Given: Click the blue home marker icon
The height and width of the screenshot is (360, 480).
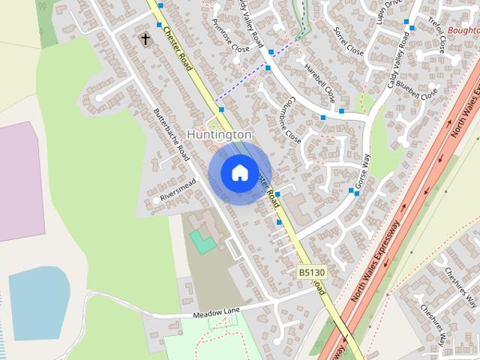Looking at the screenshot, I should click(x=239, y=172).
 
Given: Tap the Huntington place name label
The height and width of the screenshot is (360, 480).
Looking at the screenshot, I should click(x=219, y=134).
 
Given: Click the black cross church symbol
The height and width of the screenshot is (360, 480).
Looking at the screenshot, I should click(x=145, y=38).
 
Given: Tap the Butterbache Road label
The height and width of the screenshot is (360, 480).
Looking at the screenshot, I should click(x=170, y=131).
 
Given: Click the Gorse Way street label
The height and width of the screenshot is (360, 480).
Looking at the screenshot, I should click(x=363, y=171).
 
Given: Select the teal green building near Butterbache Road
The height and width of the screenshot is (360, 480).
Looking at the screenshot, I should click(x=200, y=241).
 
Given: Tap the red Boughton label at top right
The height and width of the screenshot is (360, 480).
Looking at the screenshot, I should click(x=463, y=31).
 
